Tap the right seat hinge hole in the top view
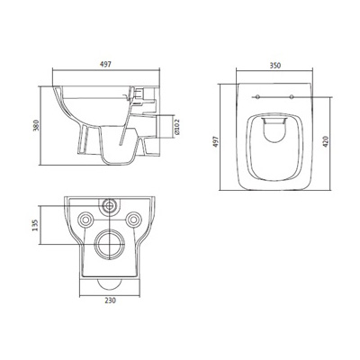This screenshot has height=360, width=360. point(290,96)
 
